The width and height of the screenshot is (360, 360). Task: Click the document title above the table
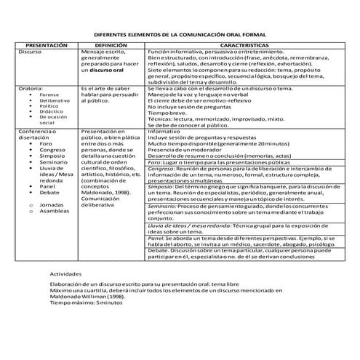180,34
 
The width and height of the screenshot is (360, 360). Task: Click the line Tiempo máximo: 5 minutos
82,302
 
